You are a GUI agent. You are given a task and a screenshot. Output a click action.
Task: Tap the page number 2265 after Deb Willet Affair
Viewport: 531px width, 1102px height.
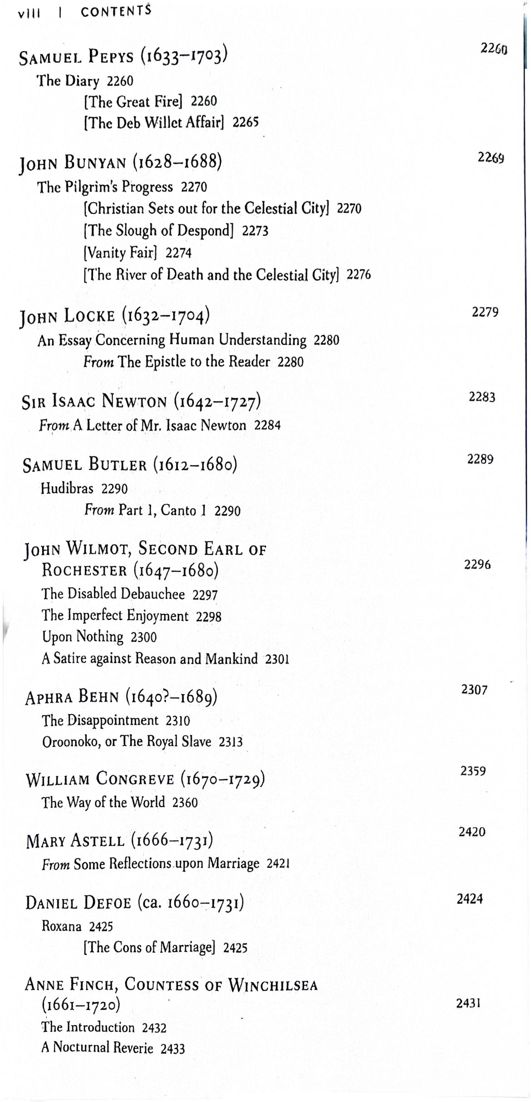[246, 122]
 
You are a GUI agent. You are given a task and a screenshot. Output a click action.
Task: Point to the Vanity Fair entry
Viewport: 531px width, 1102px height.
[120, 252]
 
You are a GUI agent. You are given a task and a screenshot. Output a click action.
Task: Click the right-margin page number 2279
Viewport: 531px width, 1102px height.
[485, 312]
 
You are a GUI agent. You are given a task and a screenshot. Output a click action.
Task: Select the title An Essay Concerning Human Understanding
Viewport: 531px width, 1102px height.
[172, 340]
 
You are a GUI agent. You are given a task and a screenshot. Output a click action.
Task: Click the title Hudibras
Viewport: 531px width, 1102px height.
[67, 489]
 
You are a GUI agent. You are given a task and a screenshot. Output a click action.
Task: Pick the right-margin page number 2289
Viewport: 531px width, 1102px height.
[480, 459]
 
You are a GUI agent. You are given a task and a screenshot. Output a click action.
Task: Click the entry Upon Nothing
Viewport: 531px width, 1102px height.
[83, 637]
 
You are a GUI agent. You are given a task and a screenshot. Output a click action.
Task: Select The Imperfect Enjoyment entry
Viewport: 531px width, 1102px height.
[115, 616]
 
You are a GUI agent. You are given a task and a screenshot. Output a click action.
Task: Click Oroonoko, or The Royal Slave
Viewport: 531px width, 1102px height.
[127, 741]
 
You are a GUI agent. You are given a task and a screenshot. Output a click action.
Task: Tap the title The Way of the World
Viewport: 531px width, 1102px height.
[103, 802]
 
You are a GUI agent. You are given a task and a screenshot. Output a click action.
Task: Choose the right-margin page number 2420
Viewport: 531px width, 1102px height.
[472, 832]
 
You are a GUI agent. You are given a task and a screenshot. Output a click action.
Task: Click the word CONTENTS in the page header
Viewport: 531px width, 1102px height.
[116, 11]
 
